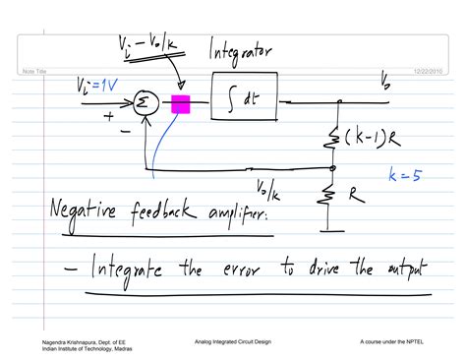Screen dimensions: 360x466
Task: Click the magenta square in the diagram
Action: [180, 103]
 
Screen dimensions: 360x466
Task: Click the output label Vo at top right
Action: [384, 85]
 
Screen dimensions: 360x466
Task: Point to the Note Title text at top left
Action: [36, 69]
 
